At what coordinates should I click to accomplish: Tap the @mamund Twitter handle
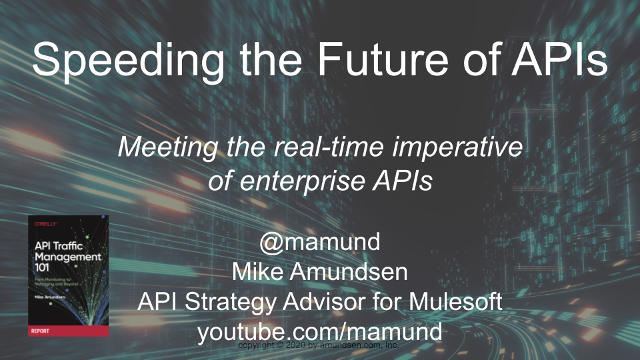[x=320, y=242]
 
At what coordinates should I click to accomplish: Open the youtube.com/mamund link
[x=320, y=331]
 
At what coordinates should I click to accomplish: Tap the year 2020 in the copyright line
[x=290, y=346]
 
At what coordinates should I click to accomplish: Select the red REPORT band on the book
[x=68, y=331]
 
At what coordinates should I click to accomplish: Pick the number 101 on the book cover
[x=45, y=268]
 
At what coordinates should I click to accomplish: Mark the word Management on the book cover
[x=67, y=257]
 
